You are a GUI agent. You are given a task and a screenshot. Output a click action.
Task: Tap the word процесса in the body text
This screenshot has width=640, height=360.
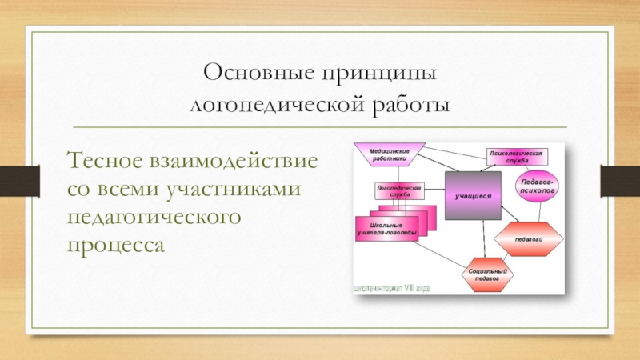pyautogui.click(x=117, y=243)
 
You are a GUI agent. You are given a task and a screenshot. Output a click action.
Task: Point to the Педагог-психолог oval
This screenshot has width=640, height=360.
pyautogui.click(x=537, y=186)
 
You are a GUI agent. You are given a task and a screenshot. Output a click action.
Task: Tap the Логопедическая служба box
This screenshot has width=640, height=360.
pyautogui.click(x=398, y=190)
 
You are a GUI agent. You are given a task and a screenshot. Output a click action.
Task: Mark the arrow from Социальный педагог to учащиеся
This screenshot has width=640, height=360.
pyautogui.click(x=482, y=240)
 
